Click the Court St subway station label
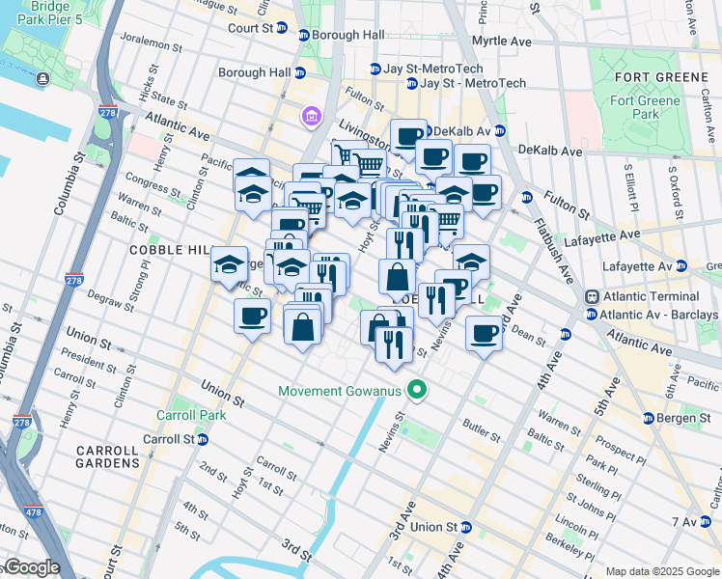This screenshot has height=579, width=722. click(251, 28)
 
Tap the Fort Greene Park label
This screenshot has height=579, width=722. click(646, 107)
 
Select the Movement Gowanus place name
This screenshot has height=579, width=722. click(340, 391)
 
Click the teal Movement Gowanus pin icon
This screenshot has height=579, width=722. click(417, 391)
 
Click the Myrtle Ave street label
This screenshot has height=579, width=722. click(501, 42)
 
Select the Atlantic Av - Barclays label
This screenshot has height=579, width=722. click(658, 315)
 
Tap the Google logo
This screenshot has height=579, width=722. click(31, 567)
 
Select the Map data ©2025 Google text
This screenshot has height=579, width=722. click(661, 571)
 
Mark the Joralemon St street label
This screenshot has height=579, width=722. click(152, 44)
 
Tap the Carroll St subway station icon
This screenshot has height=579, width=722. click(203, 439)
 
